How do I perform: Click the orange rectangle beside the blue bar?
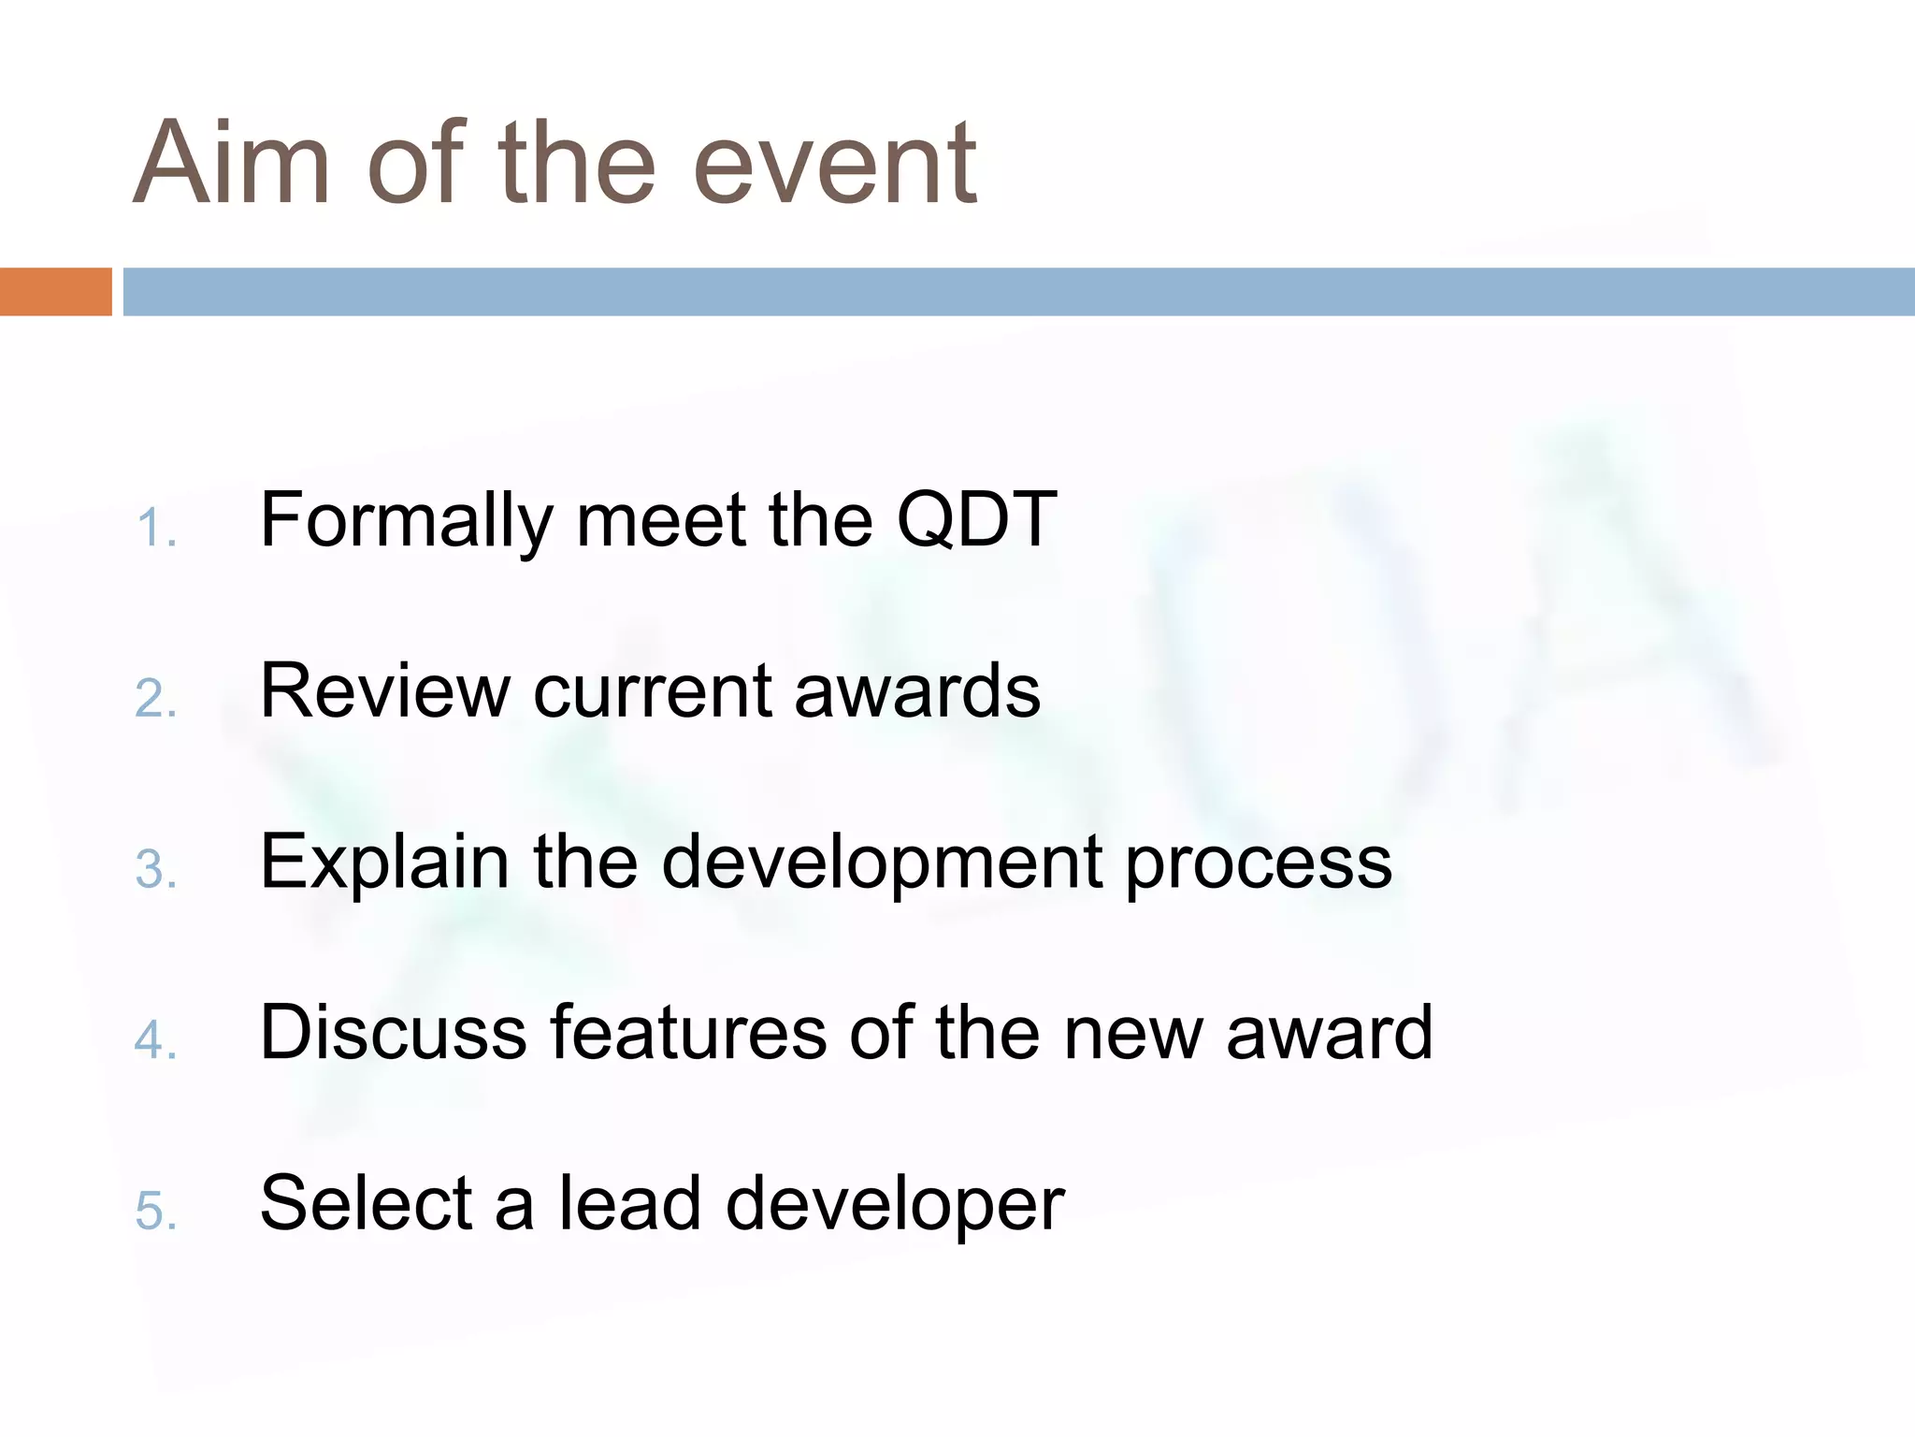coord(55,292)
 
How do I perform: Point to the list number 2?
coord(155,700)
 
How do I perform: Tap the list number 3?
coord(155,870)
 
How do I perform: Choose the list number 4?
coord(155,1040)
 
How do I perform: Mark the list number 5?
coord(155,1212)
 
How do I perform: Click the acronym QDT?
coord(976,520)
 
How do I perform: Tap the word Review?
coord(384,691)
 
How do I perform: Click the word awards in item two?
coord(916,691)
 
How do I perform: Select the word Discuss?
coord(393,1033)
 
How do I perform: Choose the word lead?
coord(629,1204)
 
